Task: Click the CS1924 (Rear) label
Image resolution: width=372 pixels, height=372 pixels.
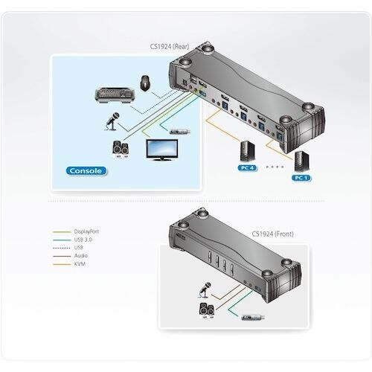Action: pyautogui.click(x=169, y=46)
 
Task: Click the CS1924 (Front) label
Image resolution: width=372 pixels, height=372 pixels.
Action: pyautogui.click(x=272, y=234)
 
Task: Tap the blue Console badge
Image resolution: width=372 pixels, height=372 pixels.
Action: pyautogui.click(x=86, y=171)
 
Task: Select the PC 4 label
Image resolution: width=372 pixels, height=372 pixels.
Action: pyautogui.click(x=248, y=168)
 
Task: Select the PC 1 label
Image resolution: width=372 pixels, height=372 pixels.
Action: pyautogui.click(x=301, y=178)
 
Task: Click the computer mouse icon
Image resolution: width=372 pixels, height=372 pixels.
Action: pyautogui.click(x=144, y=83)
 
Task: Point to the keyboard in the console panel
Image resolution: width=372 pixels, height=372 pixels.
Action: pyautogui.click(x=115, y=94)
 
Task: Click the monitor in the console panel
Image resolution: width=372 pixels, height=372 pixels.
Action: pyautogui.click(x=162, y=150)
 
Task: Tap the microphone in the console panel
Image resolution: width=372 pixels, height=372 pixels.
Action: pyautogui.click(x=112, y=121)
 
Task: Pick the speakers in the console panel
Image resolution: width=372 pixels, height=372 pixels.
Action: pyautogui.click(x=121, y=150)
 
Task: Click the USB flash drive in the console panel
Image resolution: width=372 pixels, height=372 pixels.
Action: pyautogui.click(x=180, y=131)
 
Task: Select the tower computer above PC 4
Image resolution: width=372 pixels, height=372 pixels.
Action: pyautogui.click(x=248, y=151)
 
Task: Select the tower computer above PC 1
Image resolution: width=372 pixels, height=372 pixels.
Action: pyautogui.click(x=301, y=161)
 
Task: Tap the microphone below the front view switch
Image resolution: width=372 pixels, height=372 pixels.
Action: pyautogui.click(x=205, y=290)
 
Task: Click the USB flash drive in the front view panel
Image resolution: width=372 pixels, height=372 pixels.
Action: pyautogui.click(x=253, y=318)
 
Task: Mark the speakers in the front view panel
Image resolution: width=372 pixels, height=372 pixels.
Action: pyautogui.click(x=207, y=310)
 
